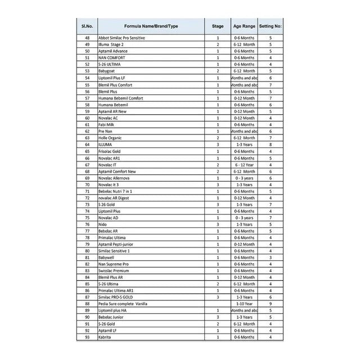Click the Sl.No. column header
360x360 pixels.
87,26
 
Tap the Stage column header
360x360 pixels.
218,26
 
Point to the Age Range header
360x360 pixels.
244,26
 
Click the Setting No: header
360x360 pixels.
271,26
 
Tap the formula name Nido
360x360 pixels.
103,224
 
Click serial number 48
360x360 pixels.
87,38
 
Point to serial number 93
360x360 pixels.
87,337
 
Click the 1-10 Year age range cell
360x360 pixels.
244,304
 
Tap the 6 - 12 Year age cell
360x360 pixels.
244,164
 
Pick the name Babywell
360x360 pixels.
107,257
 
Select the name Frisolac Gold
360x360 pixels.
110,151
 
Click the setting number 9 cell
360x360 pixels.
271,304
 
